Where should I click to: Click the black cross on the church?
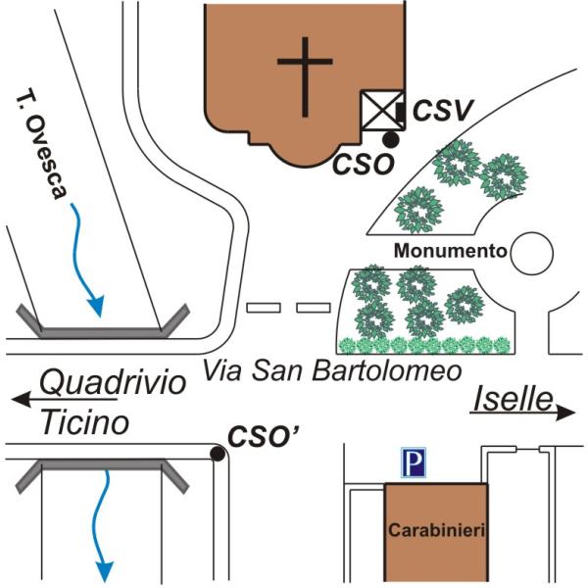(x=305, y=76)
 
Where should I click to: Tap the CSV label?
(x=443, y=110)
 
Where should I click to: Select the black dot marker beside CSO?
(x=391, y=139)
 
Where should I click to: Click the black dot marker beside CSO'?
(x=218, y=454)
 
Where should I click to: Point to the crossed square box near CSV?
(x=382, y=110)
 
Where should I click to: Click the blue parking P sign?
(x=414, y=463)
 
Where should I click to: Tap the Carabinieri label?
(x=437, y=530)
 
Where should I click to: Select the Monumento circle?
(x=532, y=253)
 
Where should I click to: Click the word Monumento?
(x=451, y=251)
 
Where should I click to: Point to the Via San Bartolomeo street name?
(x=332, y=370)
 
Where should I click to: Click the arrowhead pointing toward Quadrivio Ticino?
(x=22, y=399)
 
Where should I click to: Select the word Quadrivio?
(x=113, y=382)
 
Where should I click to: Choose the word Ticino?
(x=84, y=422)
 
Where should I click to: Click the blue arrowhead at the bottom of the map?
(x=105, y=571)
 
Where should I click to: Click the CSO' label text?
(x=264, y=436)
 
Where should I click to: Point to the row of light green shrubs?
(x=424, y=345)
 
